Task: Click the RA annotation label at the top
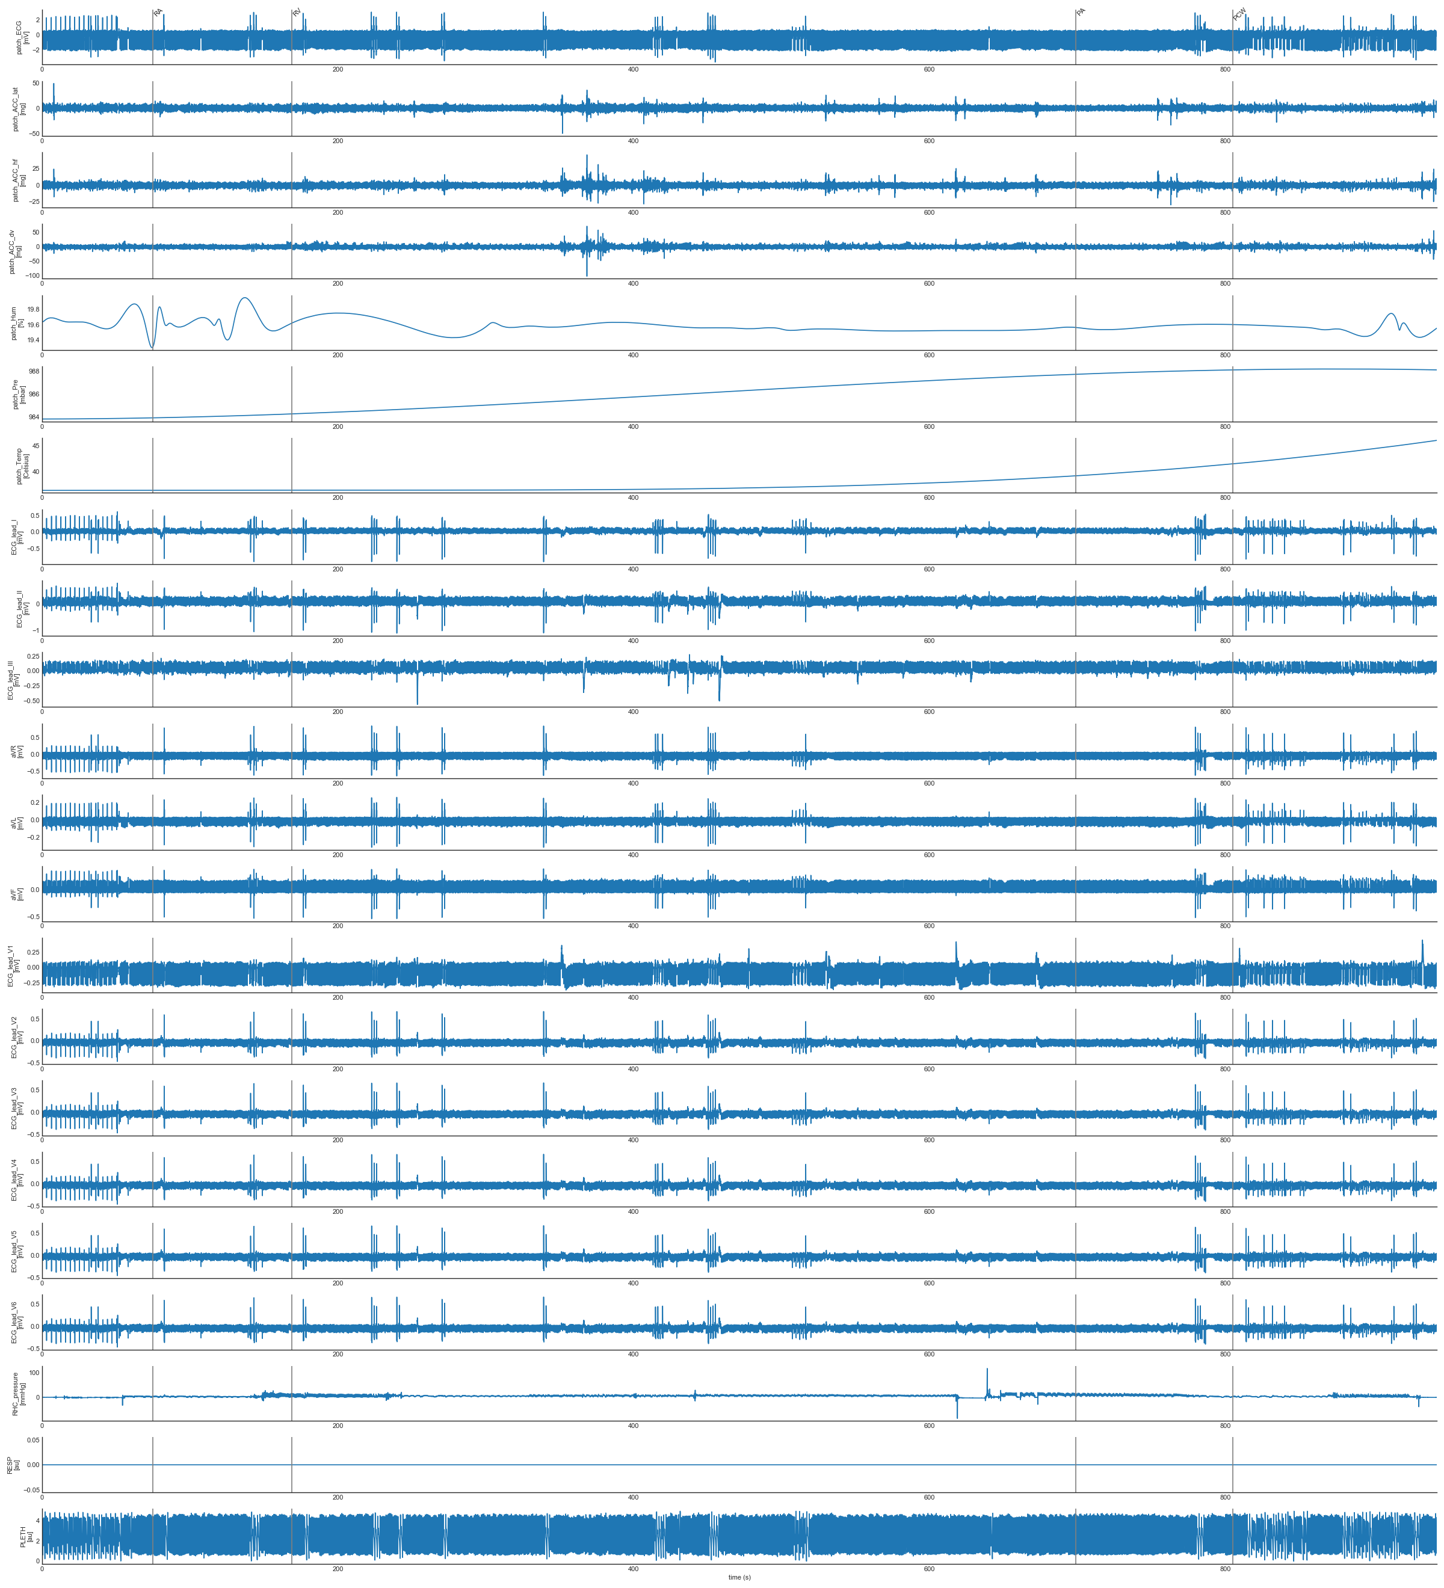click(158, 13)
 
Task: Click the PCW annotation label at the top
click(1239, 14)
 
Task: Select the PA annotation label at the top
click(1081, 13)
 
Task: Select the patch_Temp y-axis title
click(22, 466)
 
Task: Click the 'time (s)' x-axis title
click(739, 1577)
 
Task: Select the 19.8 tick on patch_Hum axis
click(32, 310)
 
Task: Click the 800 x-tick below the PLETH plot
click(1225, 1568)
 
